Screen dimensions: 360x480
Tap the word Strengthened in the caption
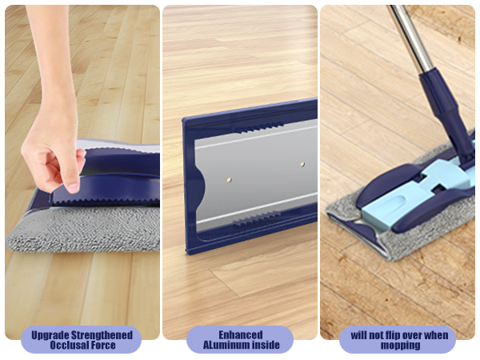click(102, 334)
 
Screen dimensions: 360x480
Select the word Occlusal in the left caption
click(67, 346)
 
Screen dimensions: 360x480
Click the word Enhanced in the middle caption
click(240, 334)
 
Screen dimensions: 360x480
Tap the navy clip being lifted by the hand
click(112, 184)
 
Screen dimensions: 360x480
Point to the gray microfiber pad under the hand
click(80, 228)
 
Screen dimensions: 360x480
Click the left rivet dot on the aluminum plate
click(229, 170)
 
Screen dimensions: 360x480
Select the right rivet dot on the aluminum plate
click(302, 163)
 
